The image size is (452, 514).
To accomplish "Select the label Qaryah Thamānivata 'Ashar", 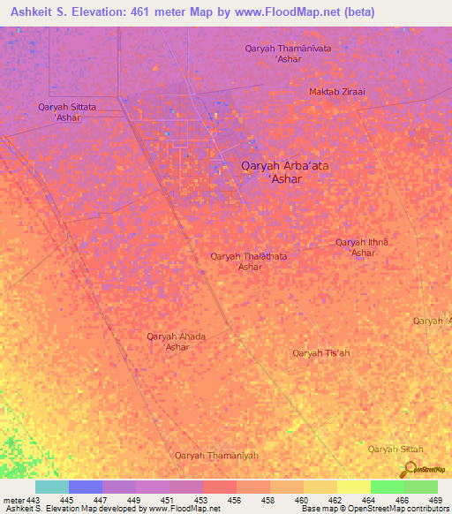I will click(288, 54).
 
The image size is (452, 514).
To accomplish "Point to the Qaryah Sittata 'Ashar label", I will click(68, 111).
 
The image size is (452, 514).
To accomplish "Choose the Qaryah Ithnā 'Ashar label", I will click(362, 247).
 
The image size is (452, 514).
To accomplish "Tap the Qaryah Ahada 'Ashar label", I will click(176, 341).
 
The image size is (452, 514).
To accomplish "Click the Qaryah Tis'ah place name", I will click(321, 353).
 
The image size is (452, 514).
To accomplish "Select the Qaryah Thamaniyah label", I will click(216, 455).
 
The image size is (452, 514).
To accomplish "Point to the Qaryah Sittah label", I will click(389, 450).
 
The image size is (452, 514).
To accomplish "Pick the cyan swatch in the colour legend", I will click(51, 487).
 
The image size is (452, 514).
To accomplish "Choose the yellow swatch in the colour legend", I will click(353, 487).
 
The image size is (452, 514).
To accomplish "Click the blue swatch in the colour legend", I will click(85, 487).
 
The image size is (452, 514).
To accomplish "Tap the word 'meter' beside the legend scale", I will click(13, 500).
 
